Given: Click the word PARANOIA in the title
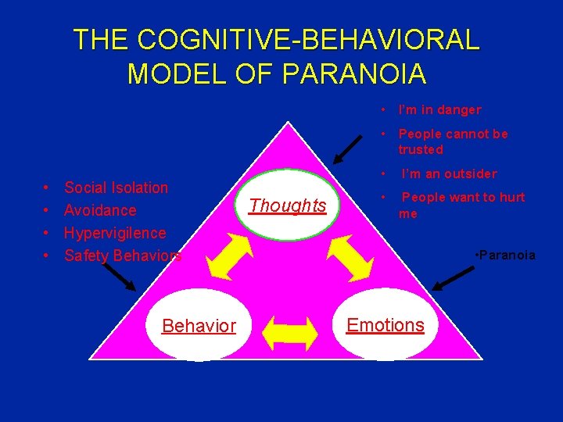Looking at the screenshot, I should coord(355,73).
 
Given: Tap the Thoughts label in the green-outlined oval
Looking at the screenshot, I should coord(287,206).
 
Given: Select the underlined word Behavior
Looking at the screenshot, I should coord(199,326).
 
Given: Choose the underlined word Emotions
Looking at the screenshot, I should coord(385,325).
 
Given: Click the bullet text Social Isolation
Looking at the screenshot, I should coord(116,188).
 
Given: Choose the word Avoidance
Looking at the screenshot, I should coord(100,210).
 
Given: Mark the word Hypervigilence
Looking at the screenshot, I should coord(115,233).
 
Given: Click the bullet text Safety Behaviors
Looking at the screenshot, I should coord(123,256).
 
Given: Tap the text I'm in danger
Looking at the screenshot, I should coord(439,110).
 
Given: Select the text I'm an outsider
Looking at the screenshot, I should coord(449,173).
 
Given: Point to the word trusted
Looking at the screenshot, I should coord(421,149).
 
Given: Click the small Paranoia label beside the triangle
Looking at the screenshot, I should coord(507,255).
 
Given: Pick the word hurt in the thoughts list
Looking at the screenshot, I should coord(511,198).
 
